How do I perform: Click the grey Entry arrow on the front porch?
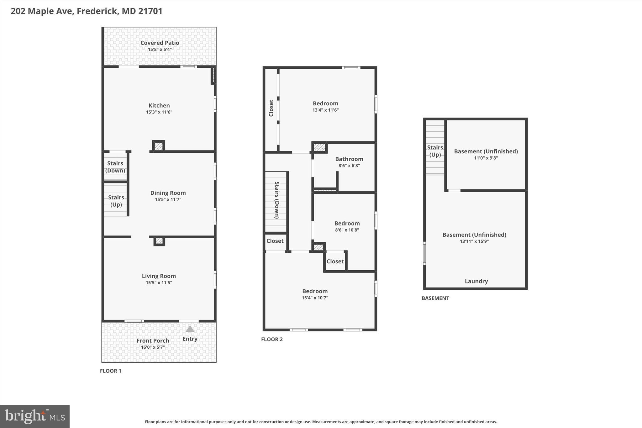point(190,329)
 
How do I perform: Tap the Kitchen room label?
point(159,106)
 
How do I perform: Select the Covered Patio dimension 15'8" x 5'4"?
point(160,50)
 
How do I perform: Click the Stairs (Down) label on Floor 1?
point(115,167)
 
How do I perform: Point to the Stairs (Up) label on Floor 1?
point(116,201)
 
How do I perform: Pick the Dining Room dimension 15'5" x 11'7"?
point(168,199)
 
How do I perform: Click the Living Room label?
point(159,276)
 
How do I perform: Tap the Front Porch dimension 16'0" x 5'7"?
point(153,347)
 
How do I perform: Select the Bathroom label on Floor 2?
point(349,159)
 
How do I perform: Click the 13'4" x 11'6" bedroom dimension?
point(325,110)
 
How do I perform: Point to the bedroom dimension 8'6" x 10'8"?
point(347,230)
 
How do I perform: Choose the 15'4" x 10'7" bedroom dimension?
point(315,298)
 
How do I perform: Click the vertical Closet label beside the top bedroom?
point(271,108)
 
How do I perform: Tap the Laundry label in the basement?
point(476,281)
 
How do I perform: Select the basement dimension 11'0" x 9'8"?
point(486,158)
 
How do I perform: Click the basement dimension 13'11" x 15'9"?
point(474,241)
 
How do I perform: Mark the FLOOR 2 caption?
point(272,339)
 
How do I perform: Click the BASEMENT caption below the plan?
point(435,298)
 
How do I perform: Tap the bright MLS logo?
point(35,416)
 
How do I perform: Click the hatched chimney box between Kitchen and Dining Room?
point(159,146)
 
